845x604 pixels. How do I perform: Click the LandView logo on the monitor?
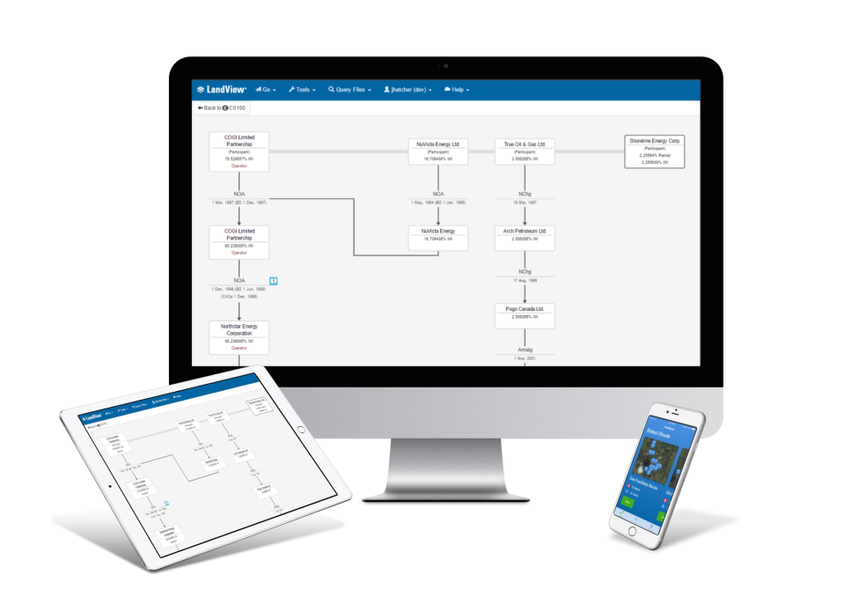(222, 90)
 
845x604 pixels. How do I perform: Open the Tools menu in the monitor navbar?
(302, 90)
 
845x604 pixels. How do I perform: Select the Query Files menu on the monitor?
(349, 90)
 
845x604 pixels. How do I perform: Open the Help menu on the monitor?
(457, 90)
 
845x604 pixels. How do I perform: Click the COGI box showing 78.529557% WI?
(239, 151)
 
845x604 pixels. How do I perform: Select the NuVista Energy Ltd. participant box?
(438, 151)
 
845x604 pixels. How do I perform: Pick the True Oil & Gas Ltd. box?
(525, 151)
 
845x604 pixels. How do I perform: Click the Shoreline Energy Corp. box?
(655, 151)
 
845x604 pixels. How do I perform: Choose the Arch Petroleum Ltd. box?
(525, 235)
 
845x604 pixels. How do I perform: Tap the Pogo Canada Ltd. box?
(525, 313)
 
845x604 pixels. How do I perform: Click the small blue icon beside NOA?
(274, 281)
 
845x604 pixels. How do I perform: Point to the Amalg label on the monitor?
(525, 350)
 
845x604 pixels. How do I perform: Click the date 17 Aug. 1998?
(525, 280)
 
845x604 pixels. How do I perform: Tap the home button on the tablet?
(111, 485)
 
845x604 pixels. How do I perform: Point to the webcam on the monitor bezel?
(445, 66)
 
